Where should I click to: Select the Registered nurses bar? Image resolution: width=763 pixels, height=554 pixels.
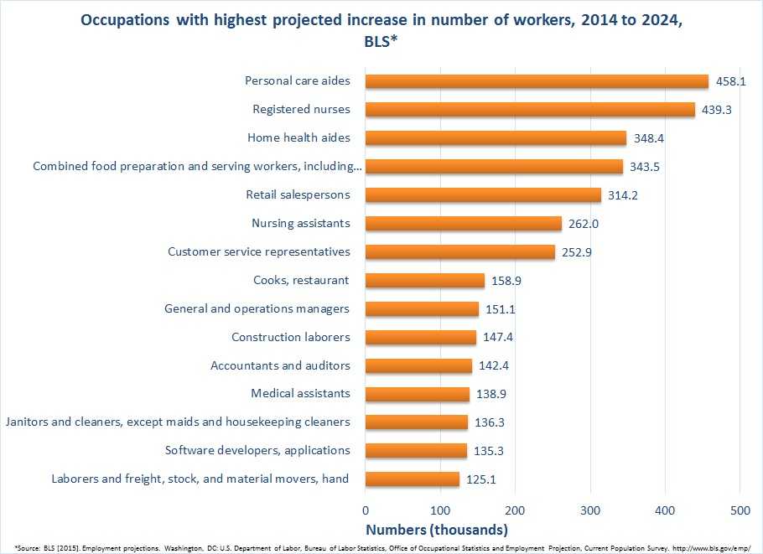[x=530, y=110]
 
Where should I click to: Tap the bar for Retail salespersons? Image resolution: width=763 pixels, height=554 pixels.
[x=483, y=195]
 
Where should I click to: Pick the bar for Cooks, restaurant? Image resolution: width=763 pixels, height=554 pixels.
[x=425, y=280]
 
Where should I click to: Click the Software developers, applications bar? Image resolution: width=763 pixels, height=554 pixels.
[x=416, y=451]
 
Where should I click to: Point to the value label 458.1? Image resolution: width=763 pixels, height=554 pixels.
[x=729, y=81]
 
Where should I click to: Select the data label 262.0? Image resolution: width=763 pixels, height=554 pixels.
[x=583, y=224]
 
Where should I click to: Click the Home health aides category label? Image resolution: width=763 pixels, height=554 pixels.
[x=298, y=137]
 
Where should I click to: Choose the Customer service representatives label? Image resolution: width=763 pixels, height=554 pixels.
[x=259, y=251]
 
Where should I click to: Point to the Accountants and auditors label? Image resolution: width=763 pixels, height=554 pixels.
[x=280, y=365]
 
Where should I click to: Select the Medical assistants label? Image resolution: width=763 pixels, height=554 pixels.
[x=300, y=394]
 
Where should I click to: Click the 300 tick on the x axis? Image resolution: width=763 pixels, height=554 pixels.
[x=590, y=510]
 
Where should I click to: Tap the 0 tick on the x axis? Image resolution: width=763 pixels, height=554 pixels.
[x=366, y=510]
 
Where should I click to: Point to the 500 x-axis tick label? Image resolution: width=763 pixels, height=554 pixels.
[x=740, y=510]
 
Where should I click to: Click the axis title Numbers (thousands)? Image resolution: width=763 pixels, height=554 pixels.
[x=436, y=530]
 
